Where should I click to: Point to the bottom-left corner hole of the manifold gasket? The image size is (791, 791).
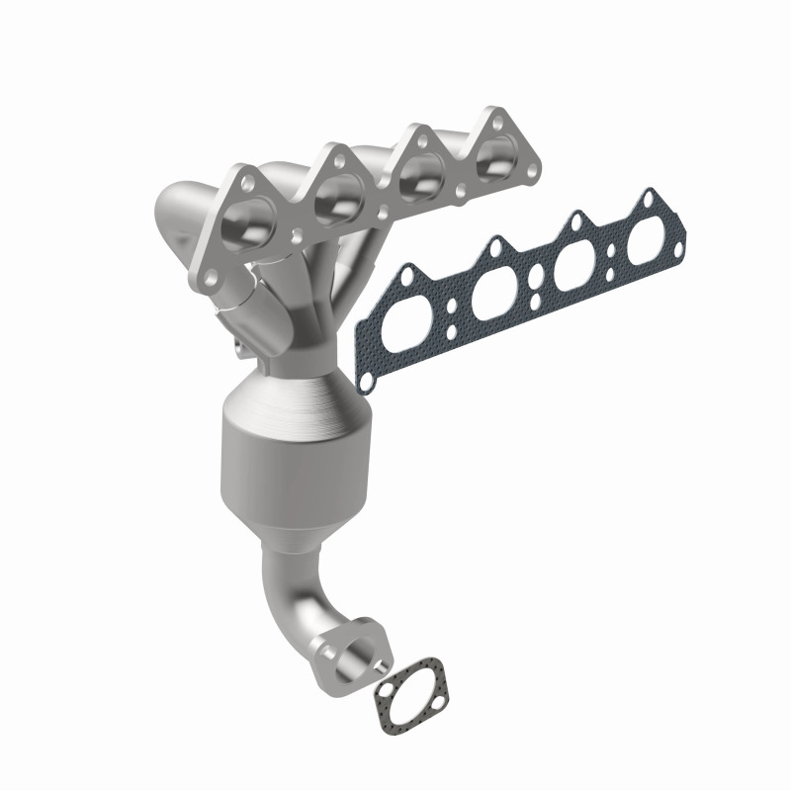(367, 378)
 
